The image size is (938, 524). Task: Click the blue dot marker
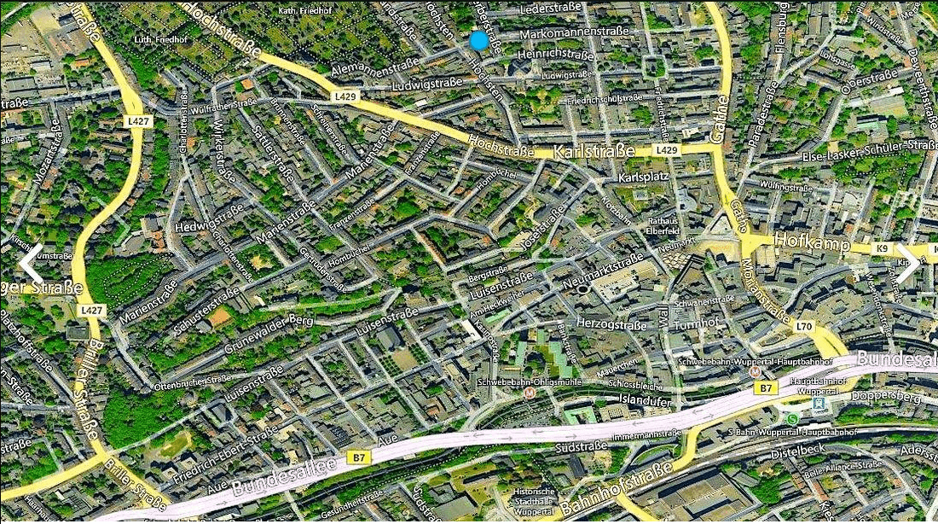pyautogui.click(x=478, y=40)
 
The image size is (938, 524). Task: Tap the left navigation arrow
pyautogui.click(x=31, y=264)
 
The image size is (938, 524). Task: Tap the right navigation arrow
pyautogui.click(x=909, y=264)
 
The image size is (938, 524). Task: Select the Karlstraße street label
pyautogui.click(x=594, y=152)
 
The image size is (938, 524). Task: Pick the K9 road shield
pyautogui.click(x=882, y=248)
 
